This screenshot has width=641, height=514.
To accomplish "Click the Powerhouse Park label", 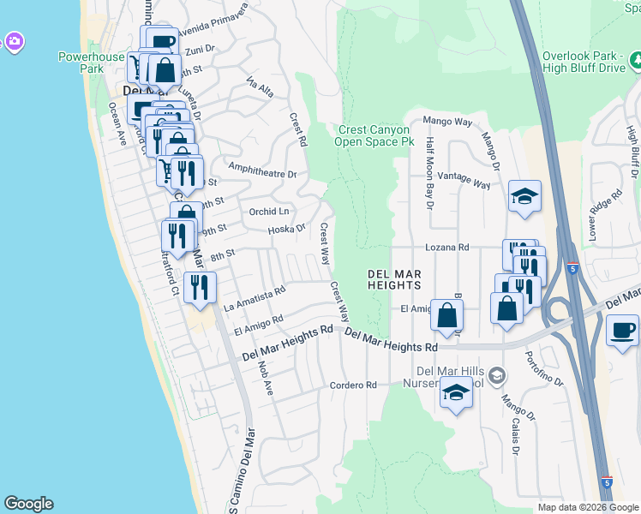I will (x=92, y=62).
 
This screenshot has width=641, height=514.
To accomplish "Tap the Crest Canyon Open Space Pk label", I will (x=374, y=135).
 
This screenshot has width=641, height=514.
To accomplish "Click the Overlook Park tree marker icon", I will (x=636, y=60).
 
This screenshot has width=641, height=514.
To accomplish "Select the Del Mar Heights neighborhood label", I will (x=394, y=278).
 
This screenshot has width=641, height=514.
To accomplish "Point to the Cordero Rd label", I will (x=354, y=385).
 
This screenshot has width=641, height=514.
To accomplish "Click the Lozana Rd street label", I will (x=448, y=247).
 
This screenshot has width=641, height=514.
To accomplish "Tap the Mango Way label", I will (x=448, y=123).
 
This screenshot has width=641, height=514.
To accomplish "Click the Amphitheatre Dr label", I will (x=262, y=173).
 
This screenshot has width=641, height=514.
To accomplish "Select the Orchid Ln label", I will (x=269, y=212).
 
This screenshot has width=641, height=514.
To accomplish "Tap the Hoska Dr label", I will (x=286, y=229).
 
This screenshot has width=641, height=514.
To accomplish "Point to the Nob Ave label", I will (x=266, y=377).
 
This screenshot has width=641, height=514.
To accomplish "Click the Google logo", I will (x=28, y=504).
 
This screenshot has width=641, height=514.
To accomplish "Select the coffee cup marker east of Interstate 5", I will (x=622, y=330).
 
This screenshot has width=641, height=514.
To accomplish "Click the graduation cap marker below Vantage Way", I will (x=524, y=197).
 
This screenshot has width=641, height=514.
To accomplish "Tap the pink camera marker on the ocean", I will (x=13, y=41).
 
